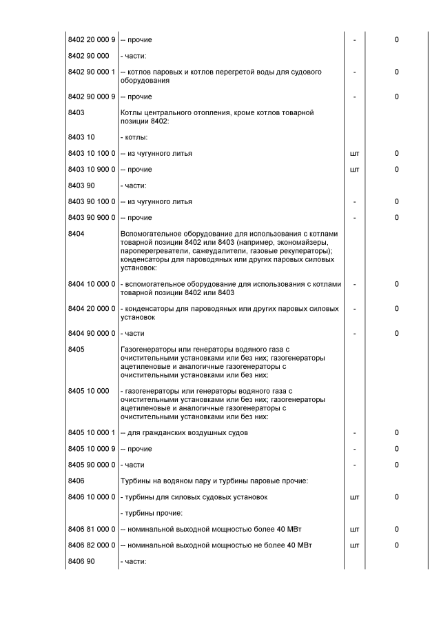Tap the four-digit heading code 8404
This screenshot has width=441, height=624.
click(76, 234)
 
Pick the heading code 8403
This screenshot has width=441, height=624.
click(76, 112)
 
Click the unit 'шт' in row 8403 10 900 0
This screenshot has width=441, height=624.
click(354, 169)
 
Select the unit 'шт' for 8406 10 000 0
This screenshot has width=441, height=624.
click(354, 496)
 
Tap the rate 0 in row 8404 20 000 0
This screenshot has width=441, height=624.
click(397, 308)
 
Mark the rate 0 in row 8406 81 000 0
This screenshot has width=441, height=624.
click(397, 529)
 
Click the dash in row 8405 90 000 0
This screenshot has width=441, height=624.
click(354, 465)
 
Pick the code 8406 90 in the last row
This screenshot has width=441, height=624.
click(81, 561)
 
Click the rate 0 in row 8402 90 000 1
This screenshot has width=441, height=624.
click(397, 72)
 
